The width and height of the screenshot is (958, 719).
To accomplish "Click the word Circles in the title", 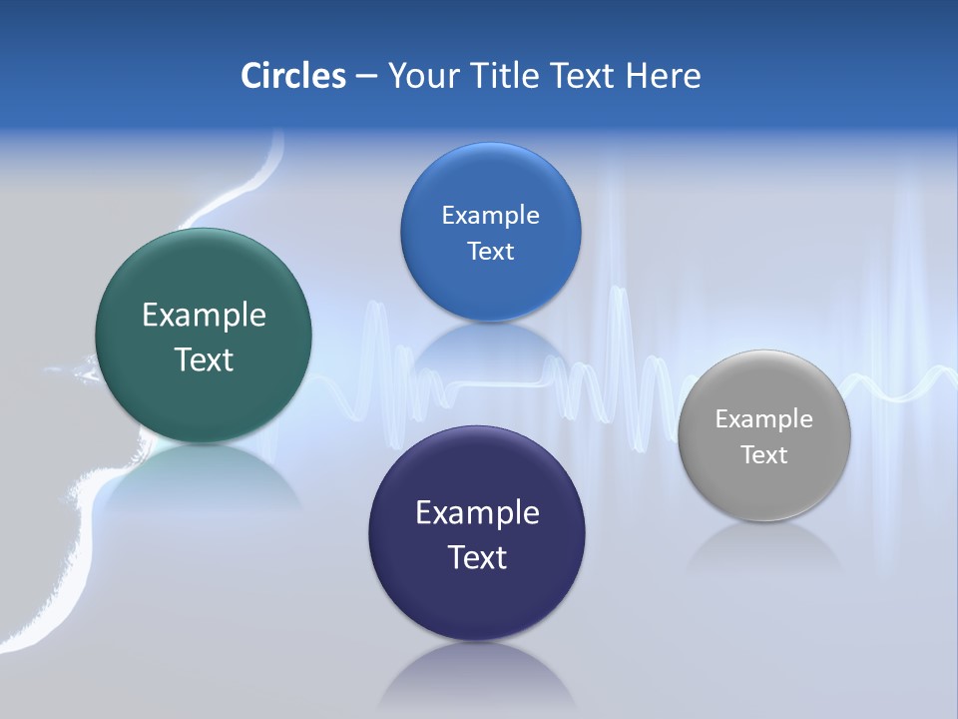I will click(x=293, y=76).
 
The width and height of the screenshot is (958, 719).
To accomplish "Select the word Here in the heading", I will click(x=664, y=76).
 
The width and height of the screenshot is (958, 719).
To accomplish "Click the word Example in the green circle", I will click(x=204, y=316).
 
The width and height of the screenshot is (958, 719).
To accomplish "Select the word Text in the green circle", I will click(x=204, y=359).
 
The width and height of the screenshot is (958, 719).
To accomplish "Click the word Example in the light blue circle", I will click(x=490, y=216).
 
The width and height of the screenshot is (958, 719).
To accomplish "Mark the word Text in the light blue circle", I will click(x=490, y=252).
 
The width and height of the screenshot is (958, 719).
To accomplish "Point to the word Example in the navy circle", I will click(x=477, y=513).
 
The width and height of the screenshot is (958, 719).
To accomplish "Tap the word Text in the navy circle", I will click(x=477, y=557).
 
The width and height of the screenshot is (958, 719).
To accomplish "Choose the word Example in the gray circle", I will click(x=764, y=419).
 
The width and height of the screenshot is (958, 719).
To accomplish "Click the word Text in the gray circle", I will click(x=764, y=455).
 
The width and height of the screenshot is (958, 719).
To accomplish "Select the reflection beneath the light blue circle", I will click(x=490, y=345).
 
